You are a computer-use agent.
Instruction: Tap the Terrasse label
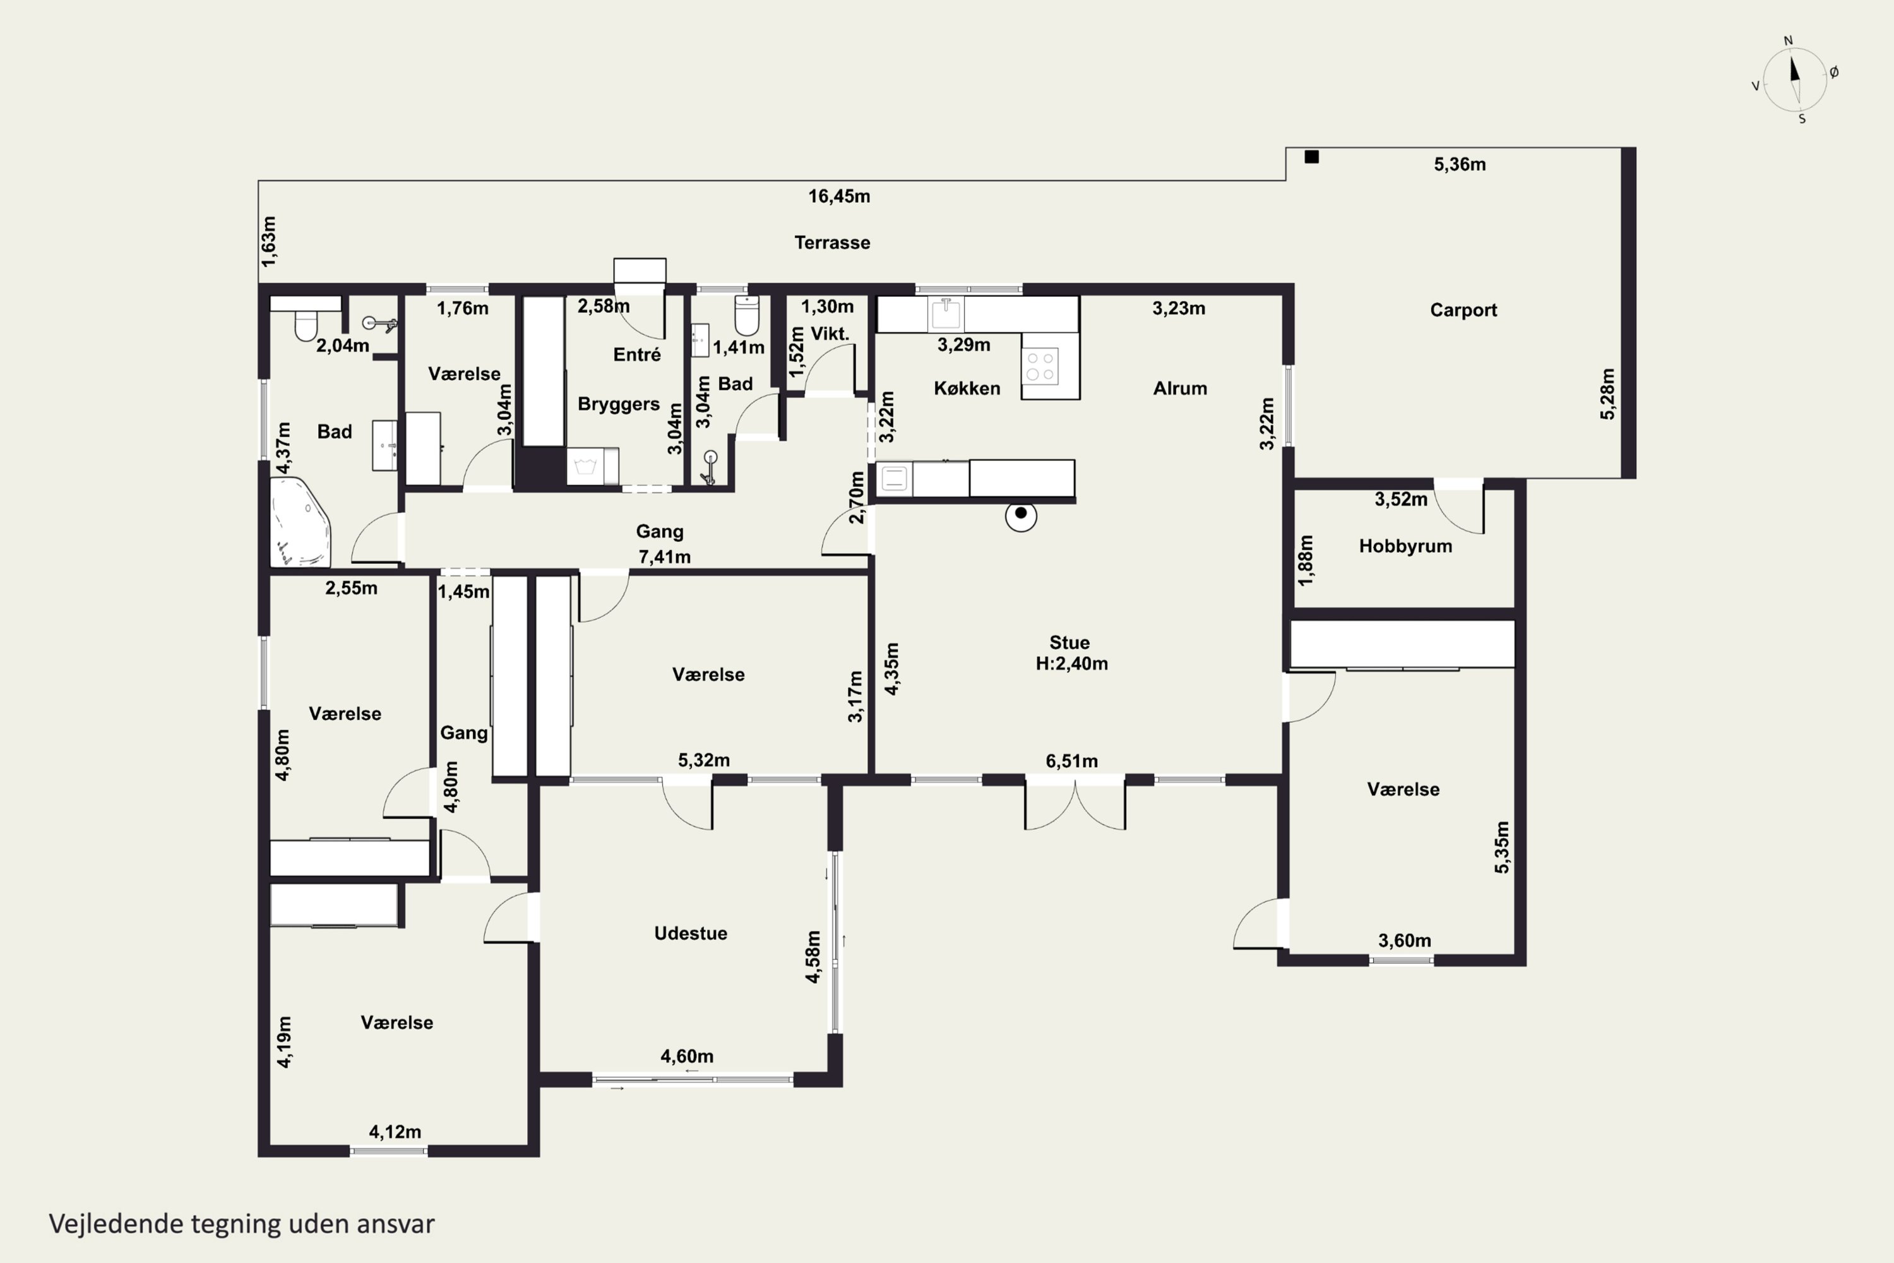coord(832,242)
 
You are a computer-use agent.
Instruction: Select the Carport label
coord(1463,310)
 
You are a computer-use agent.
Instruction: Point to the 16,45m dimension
coord(839,196)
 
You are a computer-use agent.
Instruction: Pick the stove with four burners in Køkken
coord(1040,366)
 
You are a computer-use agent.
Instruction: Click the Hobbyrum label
coord(1405,546)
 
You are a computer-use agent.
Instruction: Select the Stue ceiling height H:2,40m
coord(1072,664)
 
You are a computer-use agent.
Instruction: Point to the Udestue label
coord(690,933)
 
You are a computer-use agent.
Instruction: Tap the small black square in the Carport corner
coord(1311,157)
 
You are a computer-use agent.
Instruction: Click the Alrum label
coord(1180,388)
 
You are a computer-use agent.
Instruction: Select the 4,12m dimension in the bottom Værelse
coord(395,1132)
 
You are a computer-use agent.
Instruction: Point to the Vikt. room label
coord(830,333)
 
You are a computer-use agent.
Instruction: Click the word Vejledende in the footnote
coord(116,1224)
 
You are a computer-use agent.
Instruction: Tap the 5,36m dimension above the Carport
coord(1459,165)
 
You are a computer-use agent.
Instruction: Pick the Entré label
coord(636,354)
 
